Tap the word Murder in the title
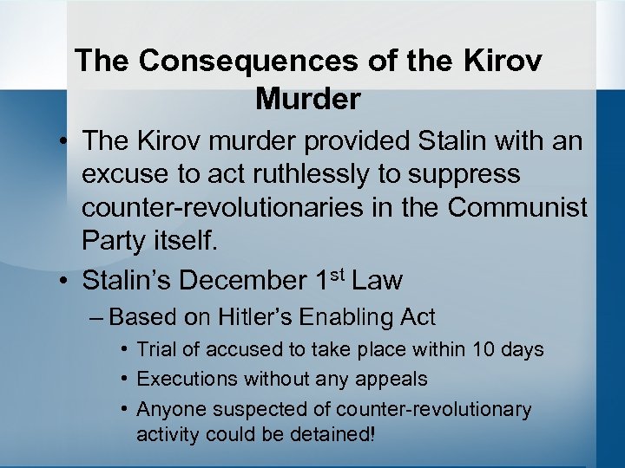tap(308, 99)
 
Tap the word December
tap(244, 281)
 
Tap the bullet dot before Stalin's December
tap(65, 281)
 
